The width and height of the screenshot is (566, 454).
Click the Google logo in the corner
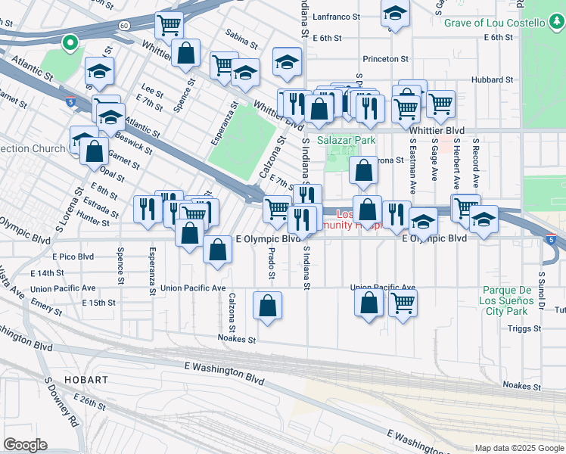click(26, 445)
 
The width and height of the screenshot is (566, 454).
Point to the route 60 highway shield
click(123, 26)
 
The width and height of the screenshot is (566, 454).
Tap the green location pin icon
click(70, 42)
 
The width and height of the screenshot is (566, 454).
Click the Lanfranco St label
click(339, 14)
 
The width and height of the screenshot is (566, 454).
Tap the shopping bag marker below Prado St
click(267, 306)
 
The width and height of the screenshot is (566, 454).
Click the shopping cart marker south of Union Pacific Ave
click(403, 303)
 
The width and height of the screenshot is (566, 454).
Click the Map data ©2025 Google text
click(518, 448)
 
